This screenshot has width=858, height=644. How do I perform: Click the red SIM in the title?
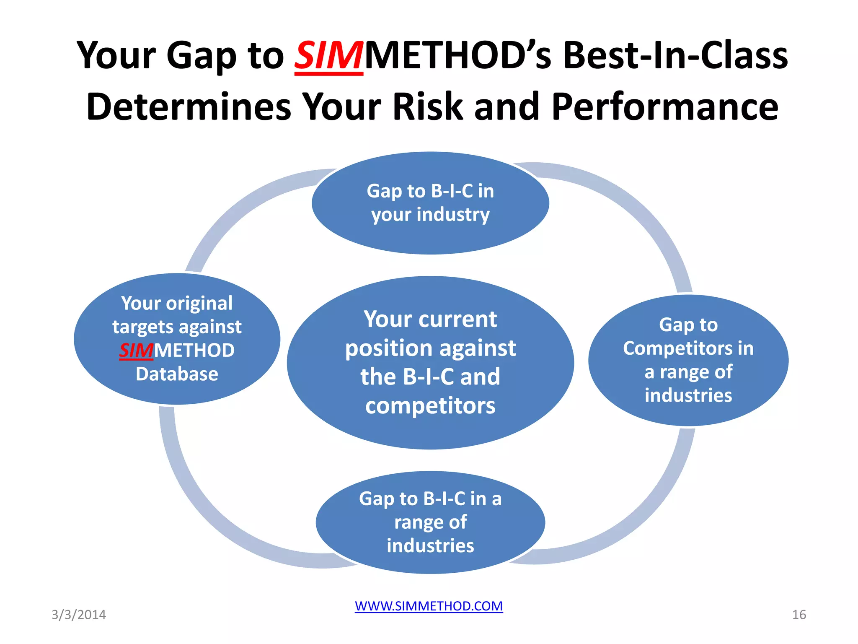[x=328, y=56]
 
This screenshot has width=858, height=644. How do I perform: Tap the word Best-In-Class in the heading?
[x=675, y=56]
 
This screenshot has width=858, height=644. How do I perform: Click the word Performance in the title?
[x=665, y=107]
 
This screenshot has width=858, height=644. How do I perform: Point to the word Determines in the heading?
[x=189, y=107]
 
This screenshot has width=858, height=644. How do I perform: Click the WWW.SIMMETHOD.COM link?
[x=429, y=606]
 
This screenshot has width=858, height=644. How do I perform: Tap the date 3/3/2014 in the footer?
[x=79, y=615]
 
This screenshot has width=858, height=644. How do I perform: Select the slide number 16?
[x=799, y=615]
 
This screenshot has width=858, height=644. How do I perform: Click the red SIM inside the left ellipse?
[x=136, y=351]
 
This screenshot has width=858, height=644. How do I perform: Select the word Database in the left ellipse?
[x=177, y=374]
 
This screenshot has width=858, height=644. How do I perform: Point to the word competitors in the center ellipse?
[x=430, y=406]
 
